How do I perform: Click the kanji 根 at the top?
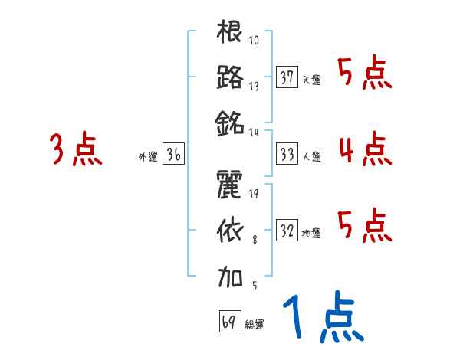point(230,33)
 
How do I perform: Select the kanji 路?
point(230,77)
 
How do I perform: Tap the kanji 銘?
point(230,121)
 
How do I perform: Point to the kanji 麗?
point(230,185)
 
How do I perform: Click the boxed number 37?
point(287,77)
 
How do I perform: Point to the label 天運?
point(310,80)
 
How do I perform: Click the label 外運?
point(147,157)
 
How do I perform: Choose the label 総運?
point(254,324)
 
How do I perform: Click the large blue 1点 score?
point(322,319)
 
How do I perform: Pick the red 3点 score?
point(75,150)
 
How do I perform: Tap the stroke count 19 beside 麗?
point(254,193)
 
